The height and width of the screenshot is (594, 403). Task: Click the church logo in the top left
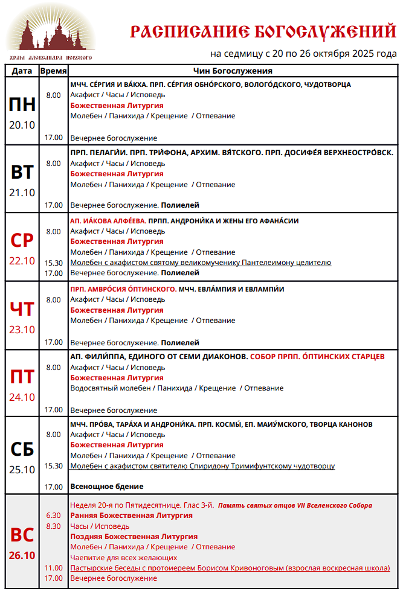coord(51,33)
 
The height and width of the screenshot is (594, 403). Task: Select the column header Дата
coord(22,71)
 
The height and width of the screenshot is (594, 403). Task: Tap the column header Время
coord(53,71)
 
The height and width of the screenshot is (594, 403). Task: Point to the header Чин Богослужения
coord(233,71)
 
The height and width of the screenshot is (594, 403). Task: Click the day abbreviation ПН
coord(22,105)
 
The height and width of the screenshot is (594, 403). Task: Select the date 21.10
coord(22,193)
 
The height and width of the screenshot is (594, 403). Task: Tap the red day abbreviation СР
coord(22,240)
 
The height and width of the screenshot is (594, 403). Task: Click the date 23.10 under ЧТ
coord(22,330)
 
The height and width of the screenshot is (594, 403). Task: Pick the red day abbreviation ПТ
coord(22,377)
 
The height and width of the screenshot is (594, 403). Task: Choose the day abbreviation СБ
coord(22,449)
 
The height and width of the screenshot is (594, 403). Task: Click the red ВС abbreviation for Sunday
coord(22,535)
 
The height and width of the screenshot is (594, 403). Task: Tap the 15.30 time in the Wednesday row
coord(54,263)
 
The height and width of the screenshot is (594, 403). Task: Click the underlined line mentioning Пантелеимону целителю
coord(201,263)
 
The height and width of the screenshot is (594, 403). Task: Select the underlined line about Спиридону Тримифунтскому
coord(202,466)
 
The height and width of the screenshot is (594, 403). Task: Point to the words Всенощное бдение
coord(107,487)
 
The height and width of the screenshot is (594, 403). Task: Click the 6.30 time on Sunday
coord(54,516)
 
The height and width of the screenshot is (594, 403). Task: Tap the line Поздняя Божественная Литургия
coord(134,537)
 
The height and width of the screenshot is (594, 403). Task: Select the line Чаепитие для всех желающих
coord(123,557)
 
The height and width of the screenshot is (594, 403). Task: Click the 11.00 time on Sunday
coord(54,568)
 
